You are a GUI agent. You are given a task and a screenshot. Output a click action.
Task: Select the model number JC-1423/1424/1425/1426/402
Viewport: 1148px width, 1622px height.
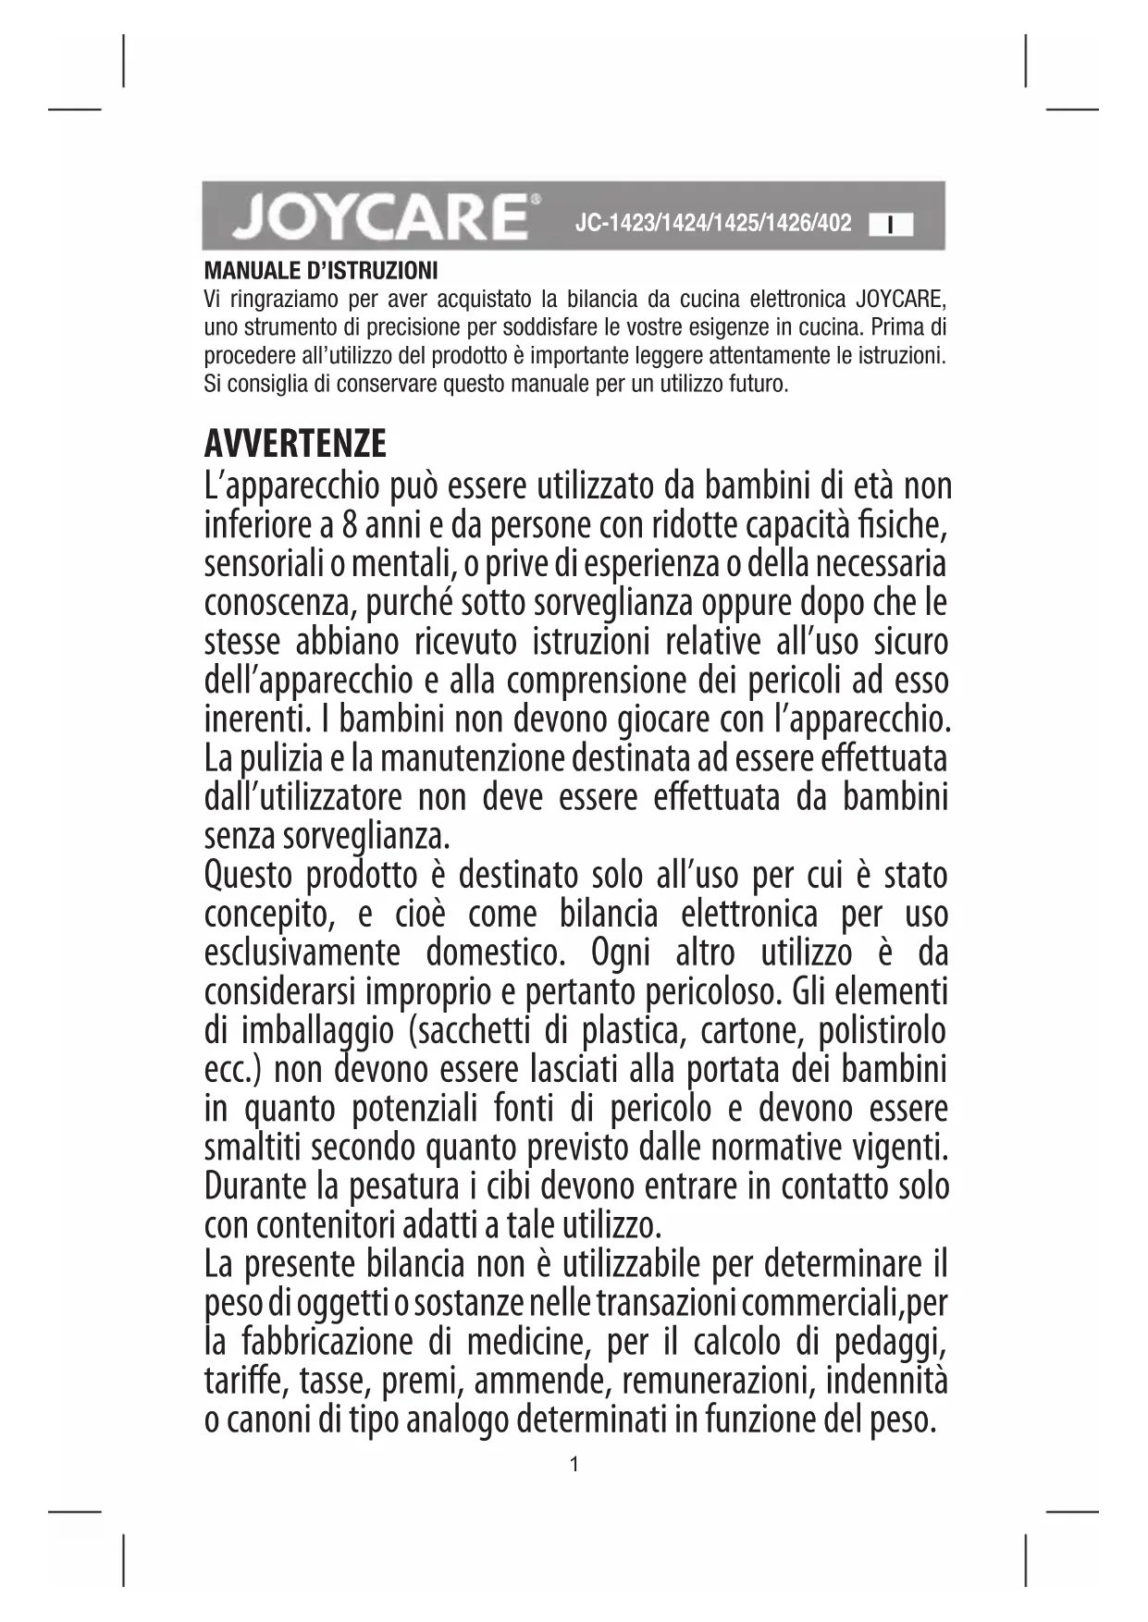(x=712, y=223)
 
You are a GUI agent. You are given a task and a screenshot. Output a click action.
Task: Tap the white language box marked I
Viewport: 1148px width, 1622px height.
(x=890, y=225)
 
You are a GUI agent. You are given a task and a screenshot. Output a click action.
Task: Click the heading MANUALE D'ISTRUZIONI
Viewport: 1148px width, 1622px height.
(x=320, y=272)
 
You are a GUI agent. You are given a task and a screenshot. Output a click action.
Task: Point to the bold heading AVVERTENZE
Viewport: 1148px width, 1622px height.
(x=295, y=445)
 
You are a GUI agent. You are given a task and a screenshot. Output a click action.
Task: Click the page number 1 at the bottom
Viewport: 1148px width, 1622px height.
(x=574, y=1464)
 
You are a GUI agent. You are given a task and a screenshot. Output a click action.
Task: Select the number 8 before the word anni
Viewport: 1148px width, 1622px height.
(x=350, y=525)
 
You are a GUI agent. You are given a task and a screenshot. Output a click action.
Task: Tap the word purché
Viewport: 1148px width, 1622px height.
(x=409, y=603)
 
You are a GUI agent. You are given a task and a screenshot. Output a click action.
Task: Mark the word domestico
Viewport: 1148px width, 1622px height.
(x=494, y=952)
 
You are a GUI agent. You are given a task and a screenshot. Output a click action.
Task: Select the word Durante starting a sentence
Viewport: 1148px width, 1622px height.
(x=256, y=1186)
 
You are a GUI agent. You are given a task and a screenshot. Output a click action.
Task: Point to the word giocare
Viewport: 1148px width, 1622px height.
(x=600, y=719)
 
